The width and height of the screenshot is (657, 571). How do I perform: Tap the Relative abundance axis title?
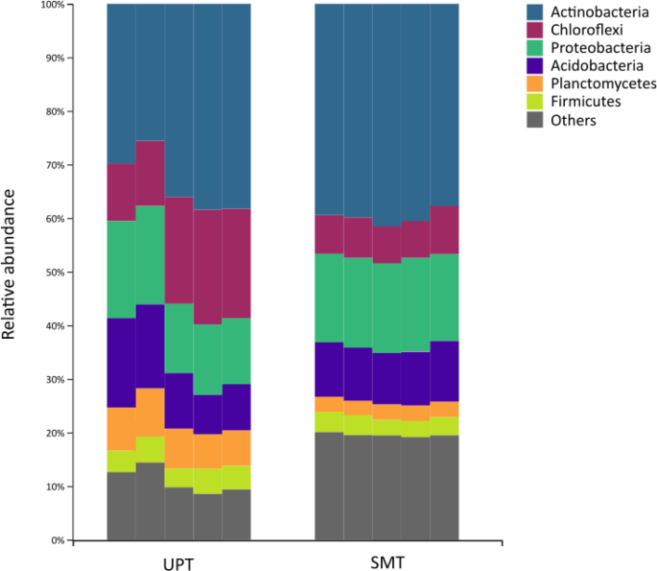tap(12, 265)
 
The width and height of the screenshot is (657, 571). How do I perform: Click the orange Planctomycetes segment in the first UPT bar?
tap(121, 429)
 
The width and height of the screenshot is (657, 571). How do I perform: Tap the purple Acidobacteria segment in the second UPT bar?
tap(150, 346)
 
